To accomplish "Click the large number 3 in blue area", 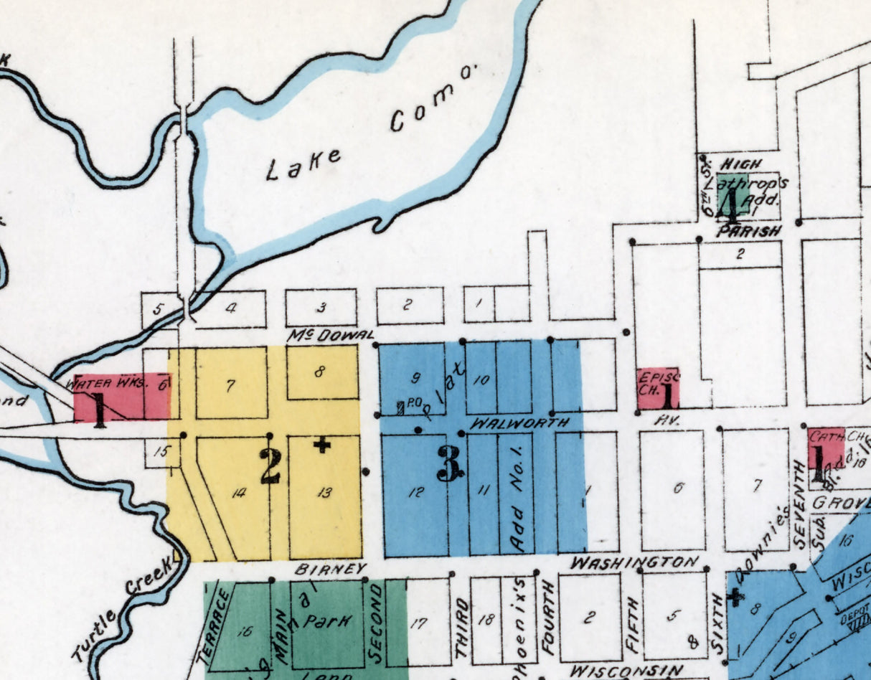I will [450, 466].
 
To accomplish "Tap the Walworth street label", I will [519, 423].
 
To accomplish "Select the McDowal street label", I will [331, 335].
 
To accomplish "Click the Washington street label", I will [634, 562].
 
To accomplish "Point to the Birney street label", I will [326, 569].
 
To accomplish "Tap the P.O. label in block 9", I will [413, 404].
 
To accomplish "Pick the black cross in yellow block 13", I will [322, 445].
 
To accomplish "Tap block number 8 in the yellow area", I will [320, 372].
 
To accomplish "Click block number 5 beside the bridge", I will [159, 311].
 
